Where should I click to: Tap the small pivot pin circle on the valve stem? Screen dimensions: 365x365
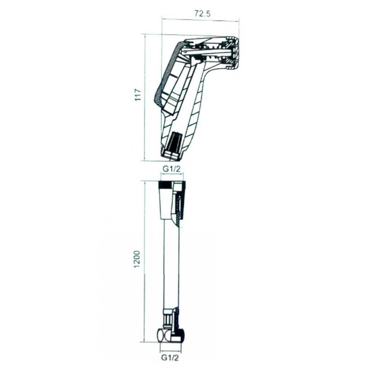[x=185, y=51]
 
